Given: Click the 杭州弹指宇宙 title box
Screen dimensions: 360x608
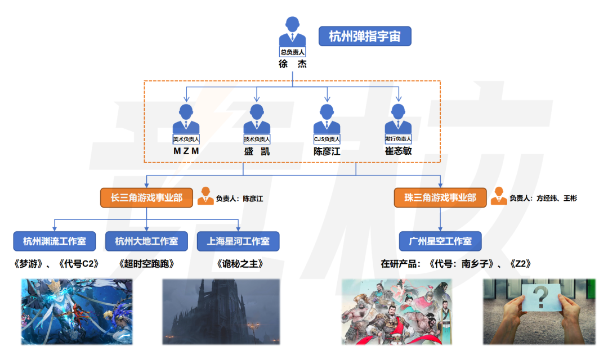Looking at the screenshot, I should pos(365,37).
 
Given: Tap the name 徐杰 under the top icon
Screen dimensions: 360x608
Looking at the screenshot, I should pos(293,64).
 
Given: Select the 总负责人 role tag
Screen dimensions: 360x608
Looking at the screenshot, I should pos(293,52).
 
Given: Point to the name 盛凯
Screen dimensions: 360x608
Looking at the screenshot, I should pos(257,151).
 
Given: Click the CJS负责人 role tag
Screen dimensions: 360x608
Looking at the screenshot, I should pos(327,139).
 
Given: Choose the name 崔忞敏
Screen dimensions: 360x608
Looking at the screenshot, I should pos(398,151).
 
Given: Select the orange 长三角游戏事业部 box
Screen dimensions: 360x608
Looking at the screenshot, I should pos(146,197).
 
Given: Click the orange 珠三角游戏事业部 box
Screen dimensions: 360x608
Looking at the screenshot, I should pos(440,197).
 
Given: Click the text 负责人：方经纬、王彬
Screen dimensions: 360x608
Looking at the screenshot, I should pos(543,198).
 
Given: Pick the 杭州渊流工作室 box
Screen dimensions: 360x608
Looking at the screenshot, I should pos(55,241).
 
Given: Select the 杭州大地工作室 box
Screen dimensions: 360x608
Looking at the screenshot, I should pos(146,241).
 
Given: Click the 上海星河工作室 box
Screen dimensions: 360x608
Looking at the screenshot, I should pos(238,241).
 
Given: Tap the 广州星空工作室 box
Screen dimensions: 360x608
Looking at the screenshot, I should pos(440,241).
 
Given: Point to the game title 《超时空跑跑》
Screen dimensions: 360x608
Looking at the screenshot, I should pos(146,263).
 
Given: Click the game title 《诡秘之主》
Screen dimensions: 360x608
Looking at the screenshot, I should pos(239,263).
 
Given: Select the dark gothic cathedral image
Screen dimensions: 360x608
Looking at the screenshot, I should pos(221,311).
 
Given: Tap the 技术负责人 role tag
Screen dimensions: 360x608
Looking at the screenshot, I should pos(257,139).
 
